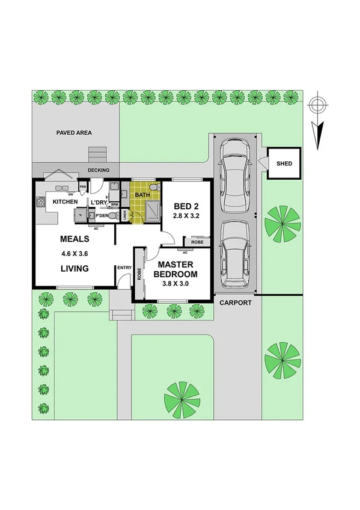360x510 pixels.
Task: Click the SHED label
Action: (284, 164)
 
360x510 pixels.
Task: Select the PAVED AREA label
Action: (74, 132)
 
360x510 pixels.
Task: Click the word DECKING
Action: (99, 170)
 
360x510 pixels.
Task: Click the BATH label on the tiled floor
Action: (142, 195)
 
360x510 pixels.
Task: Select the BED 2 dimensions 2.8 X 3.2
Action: (186, 214)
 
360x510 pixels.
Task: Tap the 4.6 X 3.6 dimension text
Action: (75, 253)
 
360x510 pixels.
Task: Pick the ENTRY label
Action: (124, 268)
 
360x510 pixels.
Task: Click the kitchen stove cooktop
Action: (41, 203)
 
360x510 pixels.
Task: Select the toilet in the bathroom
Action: (154, 188)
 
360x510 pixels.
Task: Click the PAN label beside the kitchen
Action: (83, 186)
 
